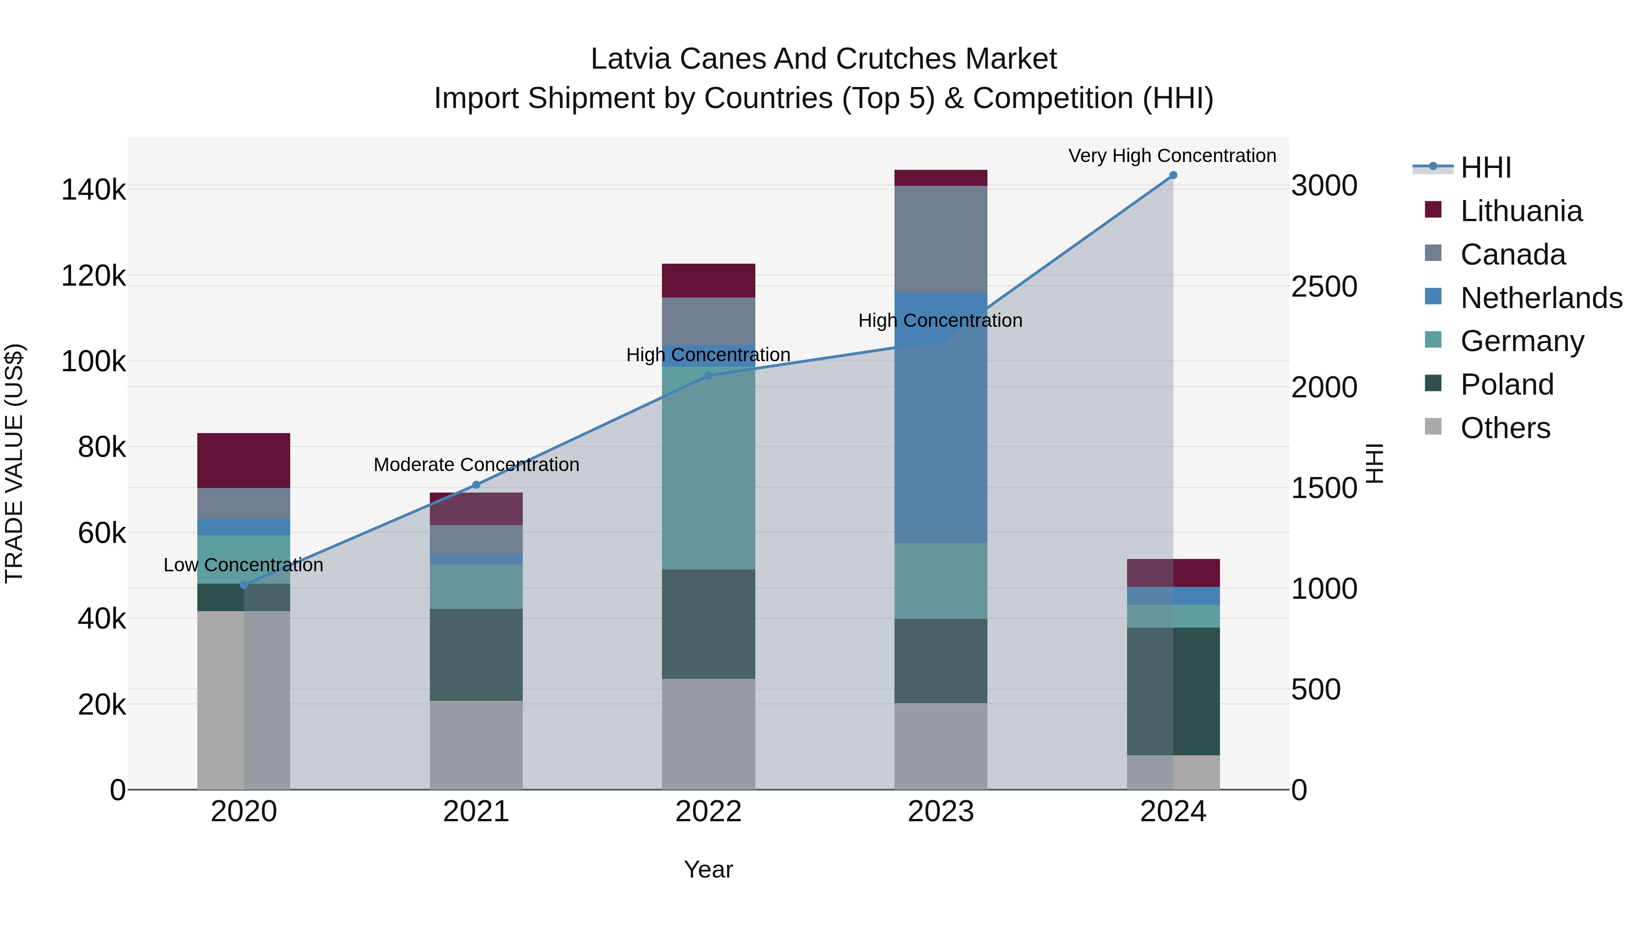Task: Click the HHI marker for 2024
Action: [1173, 175]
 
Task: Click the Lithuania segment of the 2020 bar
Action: [243, 461]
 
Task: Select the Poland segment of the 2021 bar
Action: [476, 655]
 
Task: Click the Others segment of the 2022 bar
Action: [708, 734]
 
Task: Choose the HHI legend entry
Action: [1485, 168]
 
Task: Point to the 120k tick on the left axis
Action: [93, 276]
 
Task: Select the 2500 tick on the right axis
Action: [1323, 287]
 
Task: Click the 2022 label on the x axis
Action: [708, 812]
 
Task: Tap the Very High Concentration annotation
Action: [1172, 156]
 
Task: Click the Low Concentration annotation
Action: [243, 565]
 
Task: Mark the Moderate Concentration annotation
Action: [476, 465]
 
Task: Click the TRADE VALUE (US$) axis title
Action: [14, 463]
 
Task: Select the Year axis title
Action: [708, 869]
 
